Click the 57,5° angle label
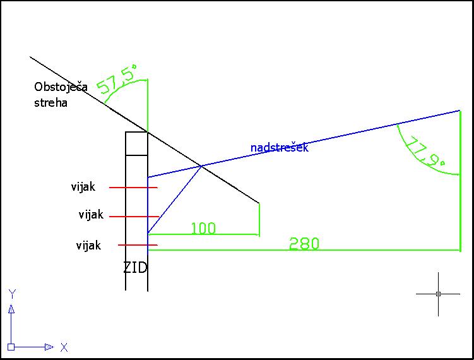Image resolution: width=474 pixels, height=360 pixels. pyautogui.click(x=117, y=79)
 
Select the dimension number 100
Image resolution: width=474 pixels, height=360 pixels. pyautogui.click(x=203, y=228)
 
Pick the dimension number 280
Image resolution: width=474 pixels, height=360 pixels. pyautogui.click(x=304, y=244)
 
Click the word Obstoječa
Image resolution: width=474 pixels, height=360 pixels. pyautogui.click(x=61, y=87)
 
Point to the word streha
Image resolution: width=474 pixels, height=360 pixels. pyautogui.click(x=50, y=103)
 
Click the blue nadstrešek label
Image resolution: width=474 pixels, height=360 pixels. pyautogui.click(x=280, y=147)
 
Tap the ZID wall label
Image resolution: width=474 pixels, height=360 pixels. pyautogui.click(x=136, y=268)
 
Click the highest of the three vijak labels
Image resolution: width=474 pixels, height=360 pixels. pyautogui.click(x=83, y=187)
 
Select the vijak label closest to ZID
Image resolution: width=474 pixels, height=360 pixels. pyautogui.click(x=88, y=245)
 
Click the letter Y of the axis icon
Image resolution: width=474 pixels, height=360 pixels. pyautogui.click(x=12, y=294)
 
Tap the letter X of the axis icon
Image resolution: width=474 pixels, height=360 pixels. pyautogui.click(x=64, y=347)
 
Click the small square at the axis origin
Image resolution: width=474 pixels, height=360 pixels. pyautogui.click(x=11, y=347)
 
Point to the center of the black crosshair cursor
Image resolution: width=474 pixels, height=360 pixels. pyautogui.click(x=438, y=294)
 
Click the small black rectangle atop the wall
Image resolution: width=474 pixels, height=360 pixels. pyautogui.click(x=136, y=144)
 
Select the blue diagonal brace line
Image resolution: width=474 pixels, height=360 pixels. pyautogui.click(x=174, y=200)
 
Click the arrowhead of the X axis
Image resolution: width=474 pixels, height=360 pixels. pyautogui.click(x=49, y=347)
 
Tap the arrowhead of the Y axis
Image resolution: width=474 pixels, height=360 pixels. pyautogui.click(x=11, y=309)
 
